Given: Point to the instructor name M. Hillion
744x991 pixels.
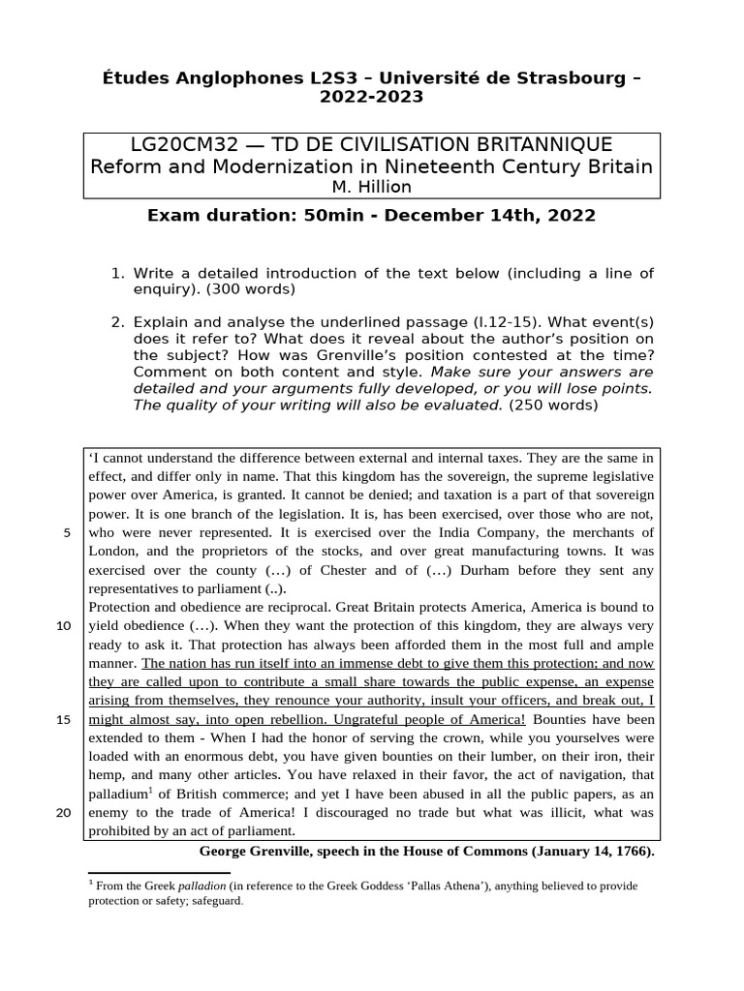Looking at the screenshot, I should [371, 187].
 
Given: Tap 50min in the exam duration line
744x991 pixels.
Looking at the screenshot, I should [335, 215].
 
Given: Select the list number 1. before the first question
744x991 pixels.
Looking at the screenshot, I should [119, 273].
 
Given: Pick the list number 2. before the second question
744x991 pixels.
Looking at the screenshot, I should [119, 319].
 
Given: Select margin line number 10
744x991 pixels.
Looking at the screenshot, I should [64, 625].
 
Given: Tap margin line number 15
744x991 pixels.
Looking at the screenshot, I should [64, 719].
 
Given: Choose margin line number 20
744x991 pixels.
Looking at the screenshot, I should [64, 812].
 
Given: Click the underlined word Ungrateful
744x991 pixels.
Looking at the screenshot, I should [369, 720].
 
